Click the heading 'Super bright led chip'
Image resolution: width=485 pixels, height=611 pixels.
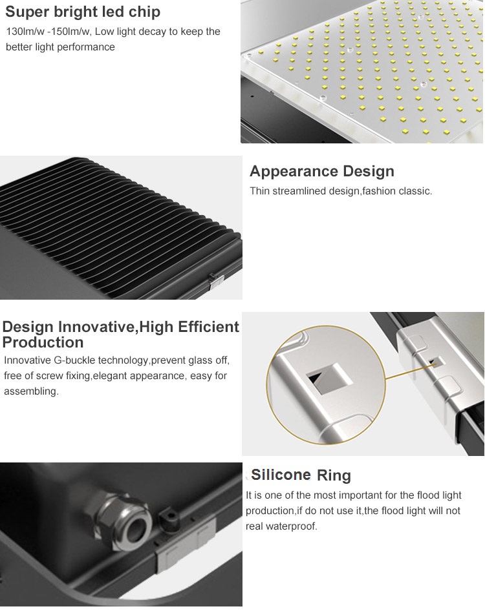83,12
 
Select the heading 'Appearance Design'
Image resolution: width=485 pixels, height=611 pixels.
322,171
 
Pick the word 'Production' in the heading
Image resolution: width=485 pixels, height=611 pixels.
43,342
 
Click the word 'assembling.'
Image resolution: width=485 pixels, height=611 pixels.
31,391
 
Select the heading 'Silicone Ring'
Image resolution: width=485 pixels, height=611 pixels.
301,475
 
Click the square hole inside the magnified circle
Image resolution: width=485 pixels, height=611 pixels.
326,378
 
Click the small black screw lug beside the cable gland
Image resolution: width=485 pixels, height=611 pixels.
169,518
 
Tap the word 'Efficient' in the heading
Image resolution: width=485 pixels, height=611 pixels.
208,327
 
